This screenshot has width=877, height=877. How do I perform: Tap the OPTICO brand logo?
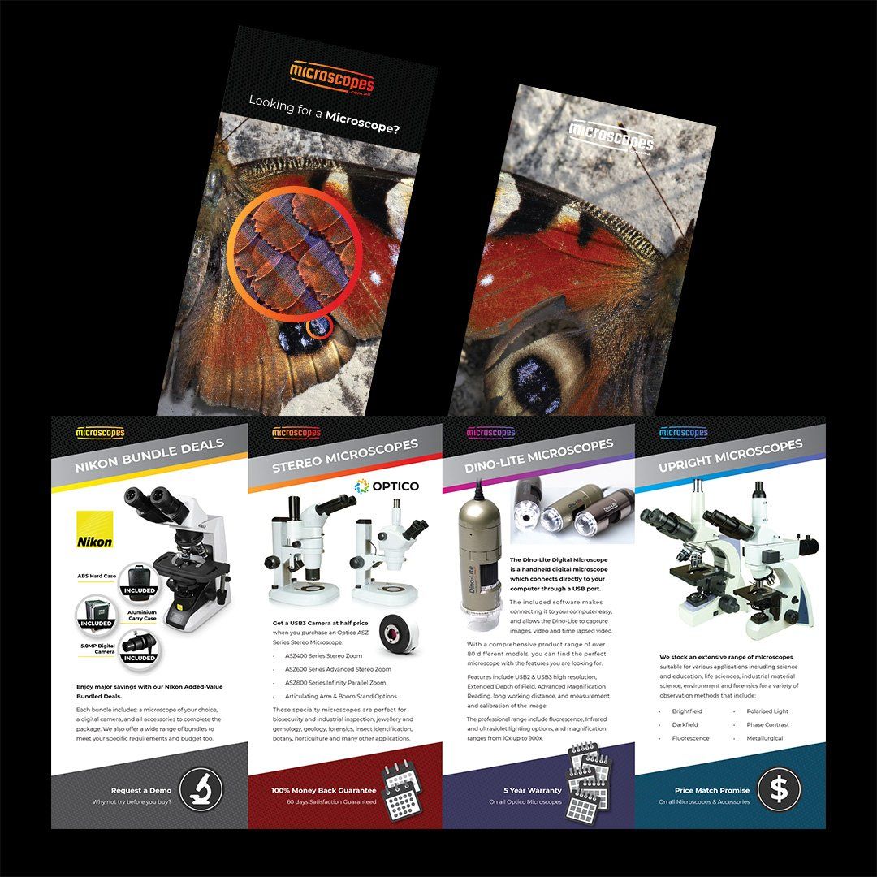(x=387, y=486)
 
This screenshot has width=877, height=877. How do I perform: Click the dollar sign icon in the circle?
(x=779, y=788)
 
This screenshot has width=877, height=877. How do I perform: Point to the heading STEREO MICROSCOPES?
(x=345, y=457)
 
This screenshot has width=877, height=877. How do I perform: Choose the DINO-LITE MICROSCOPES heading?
(x=539, y=456)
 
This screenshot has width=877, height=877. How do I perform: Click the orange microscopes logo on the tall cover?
(x=332, y=78)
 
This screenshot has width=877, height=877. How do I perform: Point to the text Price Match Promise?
(x=711, y=790)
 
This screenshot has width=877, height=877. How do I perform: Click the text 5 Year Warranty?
(x=532, y=790)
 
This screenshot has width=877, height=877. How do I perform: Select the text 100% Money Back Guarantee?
(x=324, y=790)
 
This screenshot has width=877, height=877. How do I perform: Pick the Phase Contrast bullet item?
(x=767, y=724)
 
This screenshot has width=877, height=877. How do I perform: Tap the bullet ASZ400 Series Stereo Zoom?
(x=323, y=655)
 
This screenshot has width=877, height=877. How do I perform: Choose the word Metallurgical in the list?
(x=767, y=738)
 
